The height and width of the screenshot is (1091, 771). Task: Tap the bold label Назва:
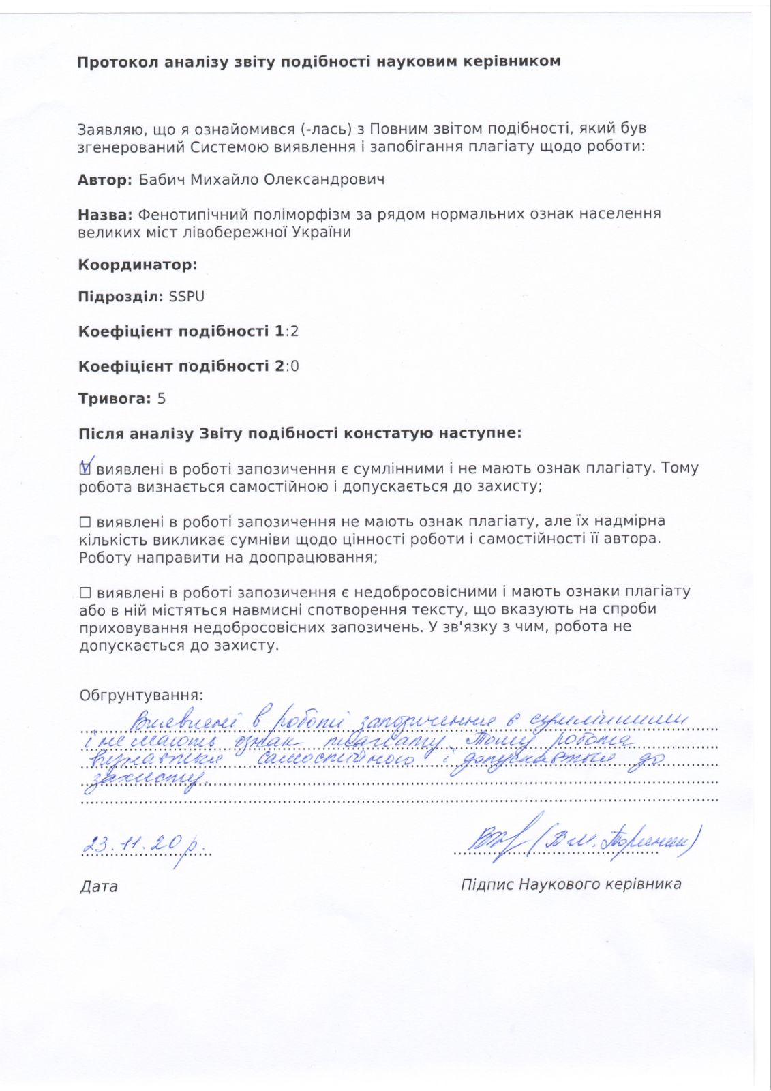pos(105,214)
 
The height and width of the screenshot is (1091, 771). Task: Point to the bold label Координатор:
pos(138,265)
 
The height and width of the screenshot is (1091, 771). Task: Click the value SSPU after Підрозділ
pos(187,297)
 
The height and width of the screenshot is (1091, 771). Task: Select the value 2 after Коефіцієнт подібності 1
pos(294,331)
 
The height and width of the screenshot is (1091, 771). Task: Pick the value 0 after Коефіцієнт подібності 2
pos(294,366)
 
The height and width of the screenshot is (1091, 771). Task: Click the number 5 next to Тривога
pos(162,399)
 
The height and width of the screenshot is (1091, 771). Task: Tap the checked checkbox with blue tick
pos(85,468)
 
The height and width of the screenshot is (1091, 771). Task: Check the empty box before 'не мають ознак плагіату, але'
pos(85,522)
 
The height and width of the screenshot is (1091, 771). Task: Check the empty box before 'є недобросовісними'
pos(85,593)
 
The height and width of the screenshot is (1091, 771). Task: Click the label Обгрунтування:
pos(141,696)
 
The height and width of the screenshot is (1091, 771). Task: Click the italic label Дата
pos(99,886)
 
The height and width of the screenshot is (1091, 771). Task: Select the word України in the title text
pos(321,232)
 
